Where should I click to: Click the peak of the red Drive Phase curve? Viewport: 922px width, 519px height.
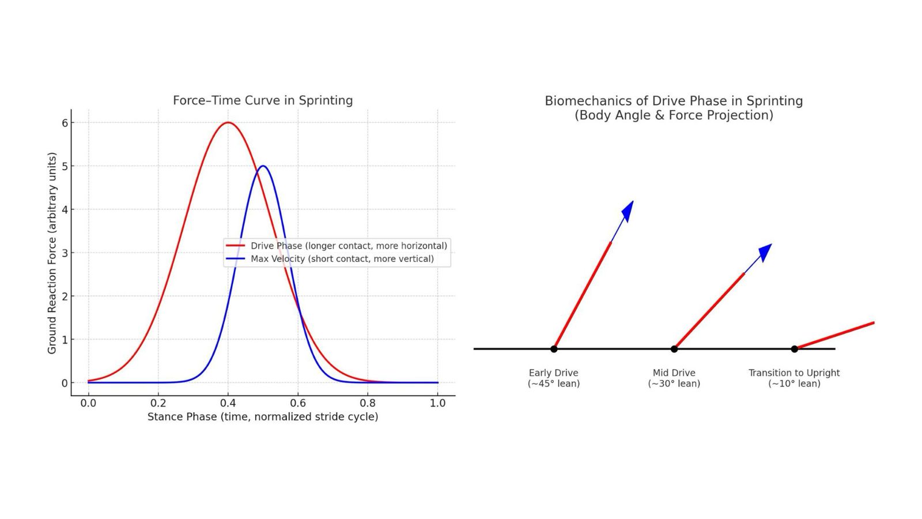[228, 122]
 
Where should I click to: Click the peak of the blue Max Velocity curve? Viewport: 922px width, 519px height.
[263, 166]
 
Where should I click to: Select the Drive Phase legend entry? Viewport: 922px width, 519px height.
[348, 246]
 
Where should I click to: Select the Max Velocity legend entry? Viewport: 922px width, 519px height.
[342, 259]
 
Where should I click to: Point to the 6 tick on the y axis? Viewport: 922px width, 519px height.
[65, 123]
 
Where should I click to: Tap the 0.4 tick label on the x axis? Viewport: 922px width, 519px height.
[228, 403]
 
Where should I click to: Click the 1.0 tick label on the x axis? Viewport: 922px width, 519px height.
[437, 403]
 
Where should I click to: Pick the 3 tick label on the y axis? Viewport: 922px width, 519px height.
[65, 253]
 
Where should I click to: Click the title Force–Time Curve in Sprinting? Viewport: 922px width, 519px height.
[263, 100]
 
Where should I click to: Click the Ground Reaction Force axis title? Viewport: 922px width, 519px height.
[52, 253]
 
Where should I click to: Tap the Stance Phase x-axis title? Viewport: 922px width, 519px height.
[263, 416]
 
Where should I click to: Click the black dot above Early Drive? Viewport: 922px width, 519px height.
[554, 349]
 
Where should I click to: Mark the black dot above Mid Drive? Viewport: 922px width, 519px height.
[674, 349]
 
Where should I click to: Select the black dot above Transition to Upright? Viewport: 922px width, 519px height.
[794, 349]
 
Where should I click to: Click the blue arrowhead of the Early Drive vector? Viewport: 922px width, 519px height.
[628, 210]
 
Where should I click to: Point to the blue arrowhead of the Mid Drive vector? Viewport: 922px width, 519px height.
[765, 252]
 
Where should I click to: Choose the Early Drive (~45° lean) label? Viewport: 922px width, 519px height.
[554, 378]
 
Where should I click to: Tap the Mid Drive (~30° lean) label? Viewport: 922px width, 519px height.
[674, 378]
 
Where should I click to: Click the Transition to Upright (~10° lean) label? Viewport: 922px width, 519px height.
[794, 378]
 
